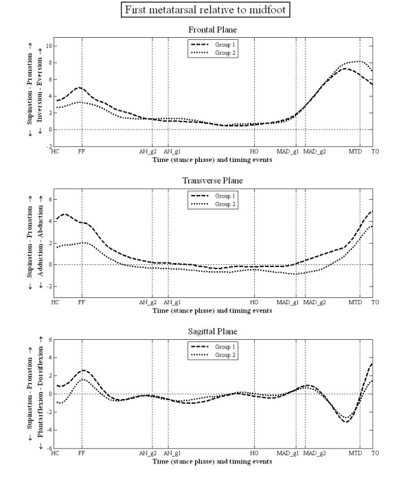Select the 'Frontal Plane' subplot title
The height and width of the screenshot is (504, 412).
tap(214, 30)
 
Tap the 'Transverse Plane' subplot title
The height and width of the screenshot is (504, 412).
tap(214, 181)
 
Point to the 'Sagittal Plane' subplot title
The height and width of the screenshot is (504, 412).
tap(214, 331)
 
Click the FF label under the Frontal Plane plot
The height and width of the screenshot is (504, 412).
tap(82, 151)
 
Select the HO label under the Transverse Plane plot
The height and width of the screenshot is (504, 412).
tap(254, 302)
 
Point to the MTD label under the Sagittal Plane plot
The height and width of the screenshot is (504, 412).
tap(355, 453)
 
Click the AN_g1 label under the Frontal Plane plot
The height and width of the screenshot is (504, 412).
tap(172, 151)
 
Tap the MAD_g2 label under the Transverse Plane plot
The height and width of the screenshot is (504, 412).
tap(315, 302)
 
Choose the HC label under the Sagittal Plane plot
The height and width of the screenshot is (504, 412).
tap(56, 453)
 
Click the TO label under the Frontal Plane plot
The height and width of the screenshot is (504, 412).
tap(374, 151)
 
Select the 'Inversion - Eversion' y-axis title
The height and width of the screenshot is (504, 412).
tap(40, 89)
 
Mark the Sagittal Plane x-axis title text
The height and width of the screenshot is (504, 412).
tap(214, 461)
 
